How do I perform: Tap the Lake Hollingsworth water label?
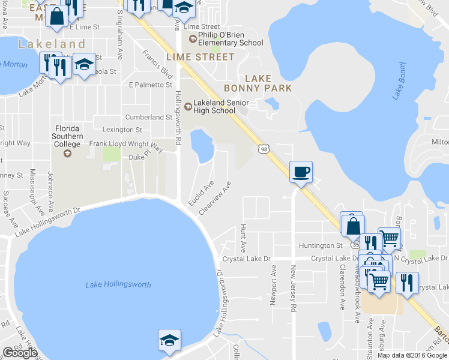coord(118,284)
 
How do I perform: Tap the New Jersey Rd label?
coord(294,288)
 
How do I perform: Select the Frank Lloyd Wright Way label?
coord(126,145)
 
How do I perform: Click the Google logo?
coord(20,353)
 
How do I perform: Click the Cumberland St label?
coord(148,117)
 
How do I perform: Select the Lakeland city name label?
coord(52,44)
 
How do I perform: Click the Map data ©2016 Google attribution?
coord(412,355)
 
